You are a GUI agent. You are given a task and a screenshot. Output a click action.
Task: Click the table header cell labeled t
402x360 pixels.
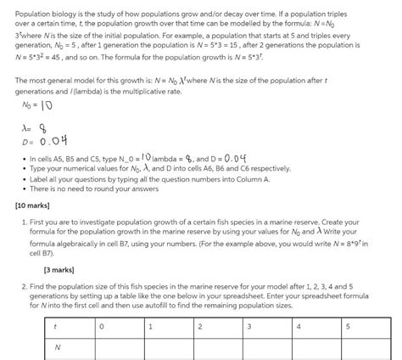[55, 326]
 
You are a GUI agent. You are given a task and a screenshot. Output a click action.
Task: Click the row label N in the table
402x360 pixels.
[56, 347]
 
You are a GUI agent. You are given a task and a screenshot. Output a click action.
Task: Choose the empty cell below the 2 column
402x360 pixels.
[219, 347]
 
